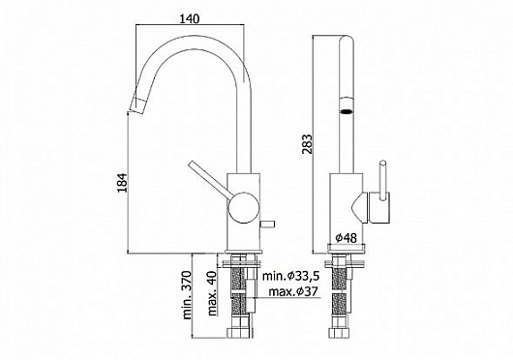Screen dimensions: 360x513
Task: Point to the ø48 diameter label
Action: [347, 236]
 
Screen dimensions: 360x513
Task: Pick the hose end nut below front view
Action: [345, 341]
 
